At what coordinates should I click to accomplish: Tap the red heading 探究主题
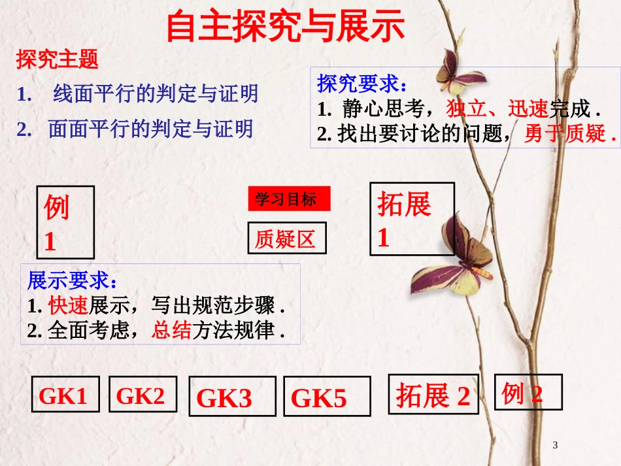(x=58, y=60)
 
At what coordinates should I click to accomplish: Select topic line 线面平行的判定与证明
(x=156, y=94)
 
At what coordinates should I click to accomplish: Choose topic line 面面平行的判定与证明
(x=150, y=129)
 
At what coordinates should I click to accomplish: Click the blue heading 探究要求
(x=361, y=84)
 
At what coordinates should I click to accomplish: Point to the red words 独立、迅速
(x=497, y=108)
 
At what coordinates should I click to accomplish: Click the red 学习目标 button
(x=289, y=199)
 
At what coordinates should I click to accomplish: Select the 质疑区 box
(x=286, y=239)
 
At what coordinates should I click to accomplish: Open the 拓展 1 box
(x=412, y=218)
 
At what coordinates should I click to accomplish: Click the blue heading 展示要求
(x=73, y=281)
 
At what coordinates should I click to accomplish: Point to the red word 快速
(x=67, y=306)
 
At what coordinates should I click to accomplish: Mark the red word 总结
(x=171, y=330)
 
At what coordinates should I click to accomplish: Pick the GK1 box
(x=65, y=395)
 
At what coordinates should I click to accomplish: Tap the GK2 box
(x=143, y=395)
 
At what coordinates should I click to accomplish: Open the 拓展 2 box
(x=433, y=395)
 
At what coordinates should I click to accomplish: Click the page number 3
(x=556, y=446)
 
